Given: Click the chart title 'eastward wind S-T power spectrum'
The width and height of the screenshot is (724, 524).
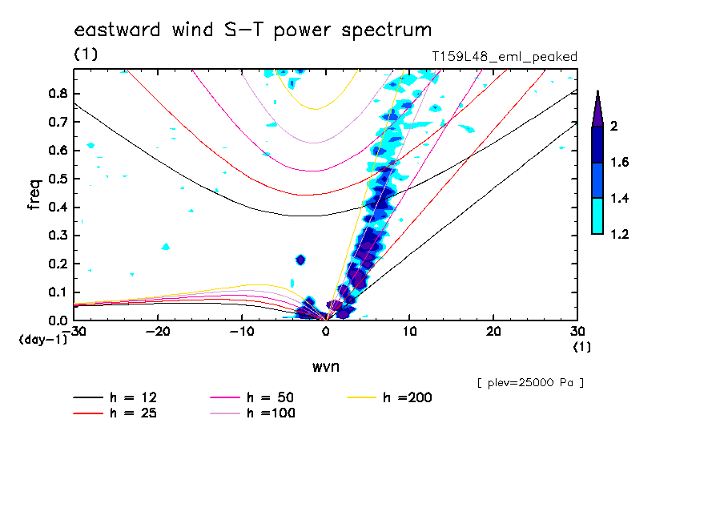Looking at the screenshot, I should (253, 30).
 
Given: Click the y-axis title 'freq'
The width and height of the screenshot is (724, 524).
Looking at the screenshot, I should (34, 194).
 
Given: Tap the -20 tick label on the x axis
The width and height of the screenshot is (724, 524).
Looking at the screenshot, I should (158, 332).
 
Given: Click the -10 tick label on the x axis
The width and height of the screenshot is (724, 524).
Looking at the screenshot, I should (241, 332).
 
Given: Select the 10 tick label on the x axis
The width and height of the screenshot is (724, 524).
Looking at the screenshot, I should (409, 332).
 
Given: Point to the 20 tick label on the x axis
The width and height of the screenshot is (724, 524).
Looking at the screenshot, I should (493, 332).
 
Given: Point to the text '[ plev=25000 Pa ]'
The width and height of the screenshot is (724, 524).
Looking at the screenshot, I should (529, 383).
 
